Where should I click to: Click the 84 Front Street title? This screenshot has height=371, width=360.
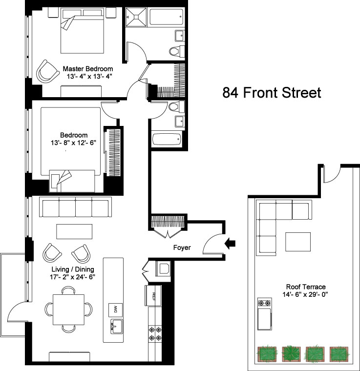coord(272,93)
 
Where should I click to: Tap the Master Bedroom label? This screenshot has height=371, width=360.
coord(88,69)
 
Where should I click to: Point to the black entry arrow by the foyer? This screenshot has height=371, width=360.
coord(230,244)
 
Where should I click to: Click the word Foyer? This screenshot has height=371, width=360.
coord(182,247)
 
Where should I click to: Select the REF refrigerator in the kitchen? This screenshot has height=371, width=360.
coord(153,296)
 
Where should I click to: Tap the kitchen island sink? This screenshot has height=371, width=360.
coord(116,327)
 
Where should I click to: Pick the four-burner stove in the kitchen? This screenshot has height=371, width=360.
coord(155,333)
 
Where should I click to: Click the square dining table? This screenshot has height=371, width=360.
coord(69,309)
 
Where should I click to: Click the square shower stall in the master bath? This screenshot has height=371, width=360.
coord(136,17)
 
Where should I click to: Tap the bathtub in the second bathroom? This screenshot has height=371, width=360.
coord(167,139)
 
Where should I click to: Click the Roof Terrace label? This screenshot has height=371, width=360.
coord(306,287)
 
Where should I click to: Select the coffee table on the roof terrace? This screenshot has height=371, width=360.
coord(298,242)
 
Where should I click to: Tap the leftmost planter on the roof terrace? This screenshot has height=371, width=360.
coord(267,354)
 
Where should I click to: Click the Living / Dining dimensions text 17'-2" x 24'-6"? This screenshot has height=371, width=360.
coord(72,277)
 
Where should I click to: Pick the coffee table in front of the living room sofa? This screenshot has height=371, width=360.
coord(74,231)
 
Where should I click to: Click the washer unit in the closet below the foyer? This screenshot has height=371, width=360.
coord(163,268)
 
